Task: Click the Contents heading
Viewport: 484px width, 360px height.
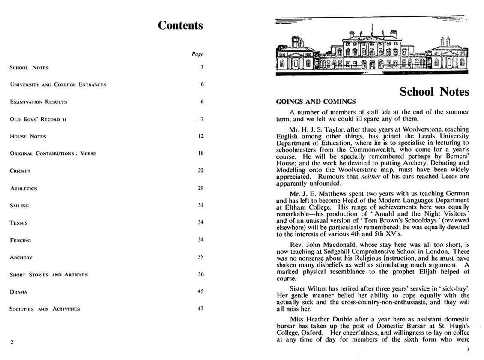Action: tap(180, 25)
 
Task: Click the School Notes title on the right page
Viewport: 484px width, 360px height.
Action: tap(434, 92)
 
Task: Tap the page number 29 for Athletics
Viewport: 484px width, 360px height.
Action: tap(200, 188)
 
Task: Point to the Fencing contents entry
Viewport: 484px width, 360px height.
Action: tap(20, 240)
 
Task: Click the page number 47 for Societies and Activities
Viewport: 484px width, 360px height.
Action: tap(200, 309)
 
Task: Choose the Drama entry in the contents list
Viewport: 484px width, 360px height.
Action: tap(18, 292)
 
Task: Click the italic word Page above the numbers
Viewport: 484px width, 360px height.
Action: tap(197, 54)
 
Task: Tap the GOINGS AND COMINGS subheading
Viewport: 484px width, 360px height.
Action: tap(316, 102)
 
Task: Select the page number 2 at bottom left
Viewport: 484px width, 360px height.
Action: tap(12, 342)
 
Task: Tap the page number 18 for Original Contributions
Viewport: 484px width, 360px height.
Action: tap(200, 153)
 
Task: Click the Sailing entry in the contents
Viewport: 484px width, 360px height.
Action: tap(19, 206)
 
